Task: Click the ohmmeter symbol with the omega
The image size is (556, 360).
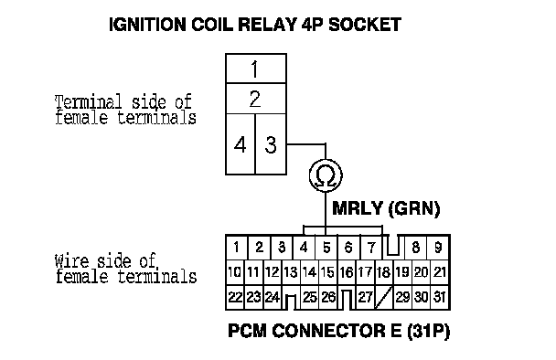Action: tap(326, 175)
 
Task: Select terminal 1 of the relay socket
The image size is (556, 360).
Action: tap(256, 69)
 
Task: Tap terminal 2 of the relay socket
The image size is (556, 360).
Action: tap(256, 99)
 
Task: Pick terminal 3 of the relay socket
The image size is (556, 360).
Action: tap(271, 144)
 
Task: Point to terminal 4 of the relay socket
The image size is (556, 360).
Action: tap(241, 144)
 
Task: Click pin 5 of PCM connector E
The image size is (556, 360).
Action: tap(326, 248)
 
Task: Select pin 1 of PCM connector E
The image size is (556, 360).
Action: tap(237, 248)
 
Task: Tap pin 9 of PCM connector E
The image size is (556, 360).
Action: tap(438, 248)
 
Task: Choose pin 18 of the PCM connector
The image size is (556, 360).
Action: tap(383, 272)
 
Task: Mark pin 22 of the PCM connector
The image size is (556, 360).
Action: tap(235, 297)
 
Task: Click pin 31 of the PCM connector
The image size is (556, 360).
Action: tap(440, 297)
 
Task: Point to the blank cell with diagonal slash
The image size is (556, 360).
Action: tap(383, 297)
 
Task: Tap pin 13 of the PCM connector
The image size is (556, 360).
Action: tap(291, 272)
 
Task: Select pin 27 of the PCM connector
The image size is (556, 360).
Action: tap(365, 297)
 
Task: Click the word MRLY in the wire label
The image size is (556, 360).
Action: tap(358, 208)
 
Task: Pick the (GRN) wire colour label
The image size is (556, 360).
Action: tap(414, 208)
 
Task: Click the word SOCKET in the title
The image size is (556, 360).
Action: tap(365, 25)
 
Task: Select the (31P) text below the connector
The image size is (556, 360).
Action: tap(428, 331)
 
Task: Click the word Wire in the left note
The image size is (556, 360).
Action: tap(71, 261)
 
